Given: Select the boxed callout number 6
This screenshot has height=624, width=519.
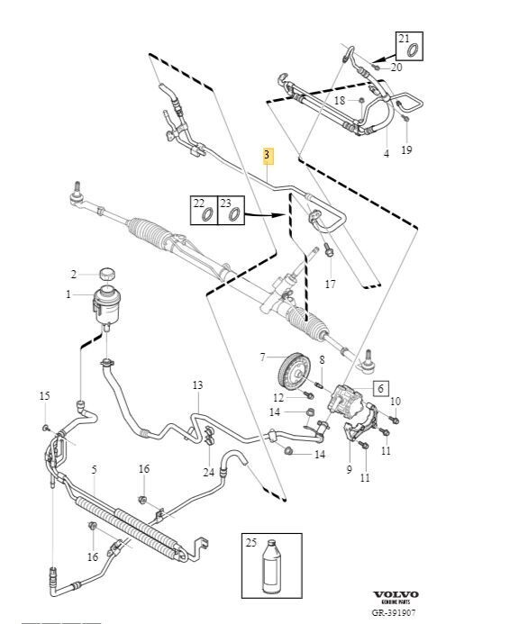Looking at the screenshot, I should click(380, 388).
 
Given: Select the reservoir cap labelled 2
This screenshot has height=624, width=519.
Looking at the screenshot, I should click(107, 274).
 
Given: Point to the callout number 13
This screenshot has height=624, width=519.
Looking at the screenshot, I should click(197, 385).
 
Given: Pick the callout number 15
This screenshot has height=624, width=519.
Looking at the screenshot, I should click(44, 396).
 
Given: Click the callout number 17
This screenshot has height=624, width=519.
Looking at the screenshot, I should click(331, 284).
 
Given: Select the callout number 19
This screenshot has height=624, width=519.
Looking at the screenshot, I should click(406, 149).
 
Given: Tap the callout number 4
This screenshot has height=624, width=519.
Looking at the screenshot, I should click(386, 154).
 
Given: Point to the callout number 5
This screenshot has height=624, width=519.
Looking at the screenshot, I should click(93, 470).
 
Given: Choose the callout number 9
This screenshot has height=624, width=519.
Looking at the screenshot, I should click(350, 469).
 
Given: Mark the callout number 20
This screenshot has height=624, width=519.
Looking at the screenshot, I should click(396, 68).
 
